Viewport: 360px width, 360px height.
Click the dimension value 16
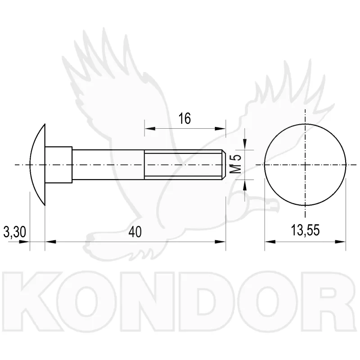[184, 119]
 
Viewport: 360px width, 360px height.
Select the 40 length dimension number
[135, 232]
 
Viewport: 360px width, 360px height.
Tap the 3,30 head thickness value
[15, 232]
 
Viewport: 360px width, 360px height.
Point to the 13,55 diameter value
[305, 230]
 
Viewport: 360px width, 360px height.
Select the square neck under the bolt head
[58, 165]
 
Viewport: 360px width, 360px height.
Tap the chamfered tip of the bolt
[224, 165]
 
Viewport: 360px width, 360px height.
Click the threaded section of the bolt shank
[183, 165]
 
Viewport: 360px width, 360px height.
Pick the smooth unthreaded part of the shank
[108, 165]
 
